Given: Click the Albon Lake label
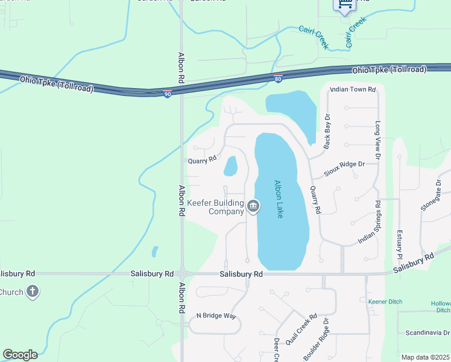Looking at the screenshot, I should point(278,199).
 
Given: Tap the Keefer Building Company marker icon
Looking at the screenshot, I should point(254,208).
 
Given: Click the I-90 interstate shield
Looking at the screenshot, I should point(167,93).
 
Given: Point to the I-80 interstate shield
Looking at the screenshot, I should point(278,78).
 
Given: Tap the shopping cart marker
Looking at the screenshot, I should point(344,5).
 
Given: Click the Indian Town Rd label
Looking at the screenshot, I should point(352,89).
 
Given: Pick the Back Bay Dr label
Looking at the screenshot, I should point(327,131).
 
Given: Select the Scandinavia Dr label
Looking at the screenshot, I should point(427,332).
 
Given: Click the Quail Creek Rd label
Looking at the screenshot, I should point(301,328).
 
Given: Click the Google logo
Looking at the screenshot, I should point(20,355).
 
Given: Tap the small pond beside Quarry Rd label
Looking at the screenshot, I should point(230,166).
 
